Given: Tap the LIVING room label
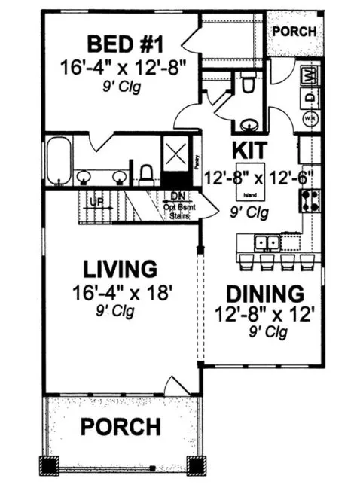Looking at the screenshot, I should tap(120, 268).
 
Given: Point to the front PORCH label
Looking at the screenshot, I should tap(121, 427).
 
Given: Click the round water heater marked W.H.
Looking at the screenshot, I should tap(308, 118).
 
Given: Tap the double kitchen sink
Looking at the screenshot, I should tap(266, 242).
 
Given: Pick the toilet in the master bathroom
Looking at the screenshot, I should tap(148, 173).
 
